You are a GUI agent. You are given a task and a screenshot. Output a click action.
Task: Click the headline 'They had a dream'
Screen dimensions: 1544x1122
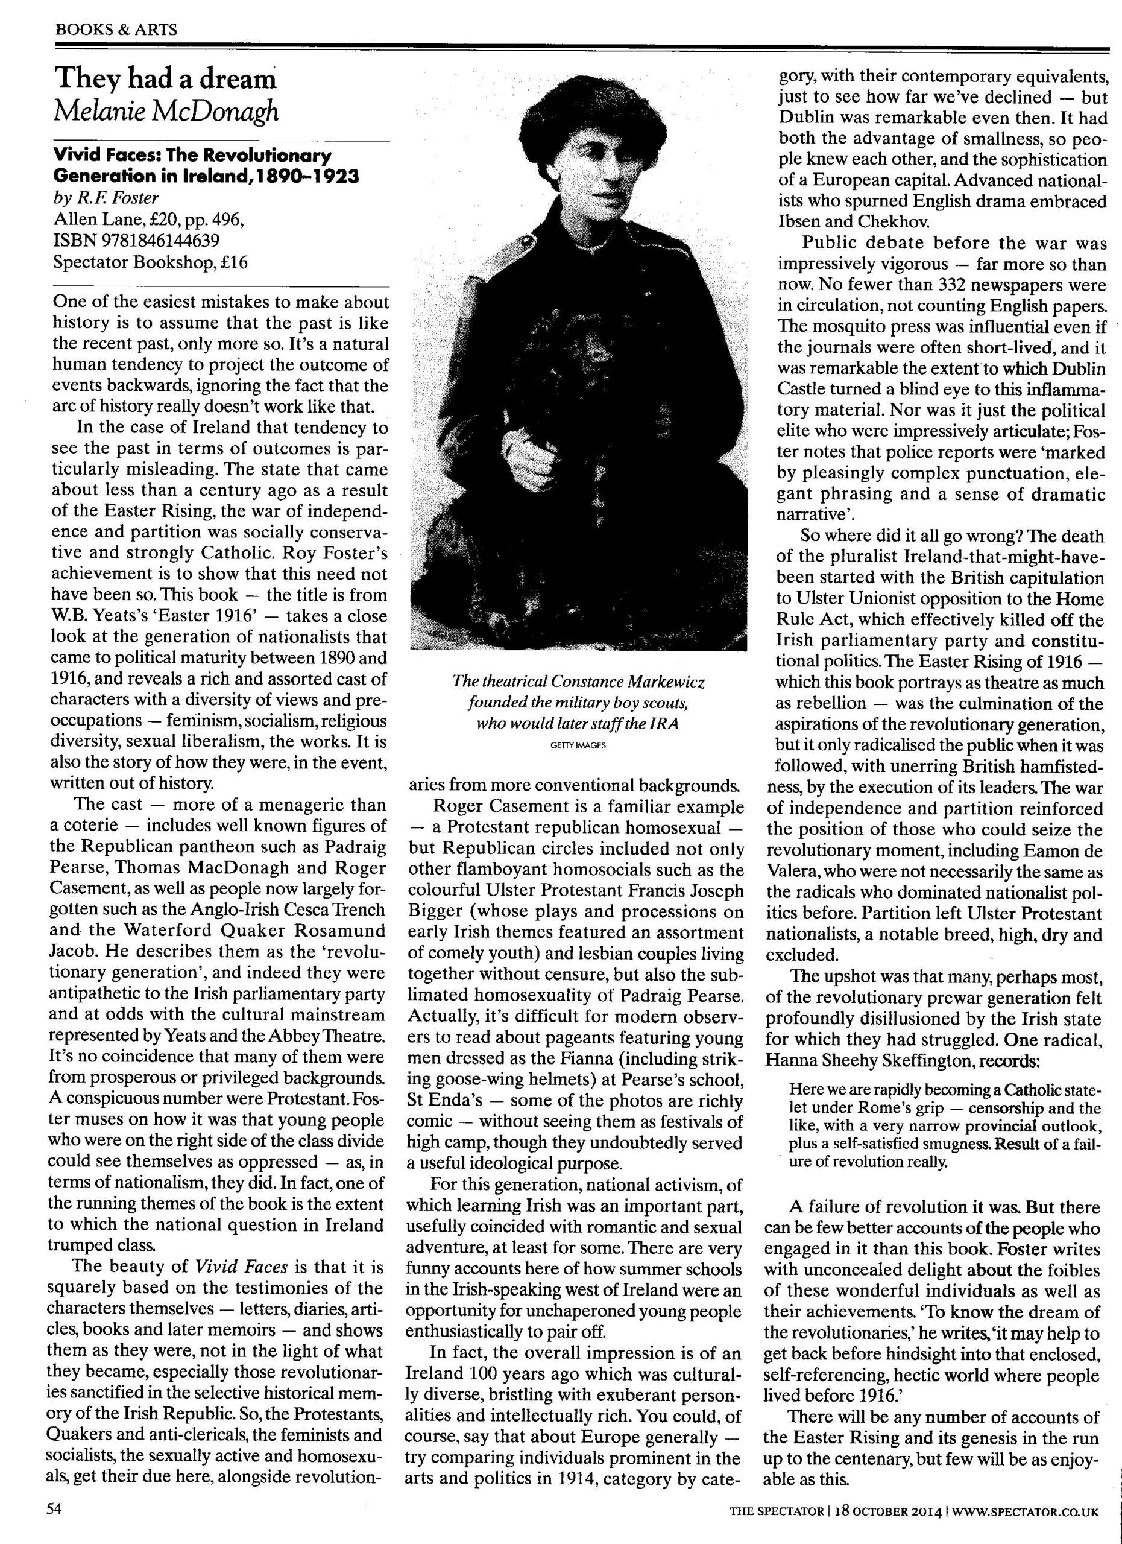165,79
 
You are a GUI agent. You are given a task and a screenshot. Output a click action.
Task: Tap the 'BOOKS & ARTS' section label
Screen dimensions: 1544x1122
116,30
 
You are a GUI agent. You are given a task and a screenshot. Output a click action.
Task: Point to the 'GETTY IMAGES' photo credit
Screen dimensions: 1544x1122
578,745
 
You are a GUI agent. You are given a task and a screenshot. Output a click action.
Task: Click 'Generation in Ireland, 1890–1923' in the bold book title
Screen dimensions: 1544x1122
206,176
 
